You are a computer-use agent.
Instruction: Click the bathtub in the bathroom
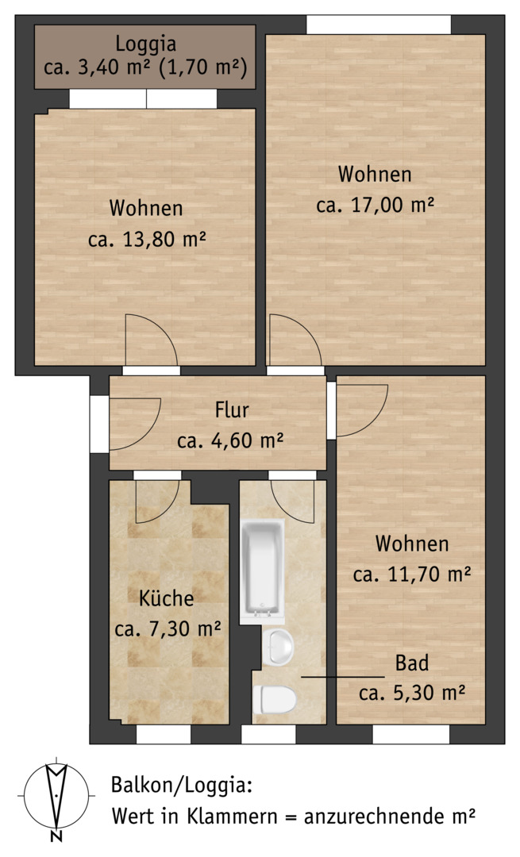263,571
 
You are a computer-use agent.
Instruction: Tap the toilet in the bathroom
275,699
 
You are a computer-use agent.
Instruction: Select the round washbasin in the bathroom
278,648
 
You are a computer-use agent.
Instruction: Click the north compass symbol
56,795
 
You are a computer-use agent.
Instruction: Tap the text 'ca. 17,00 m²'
375,206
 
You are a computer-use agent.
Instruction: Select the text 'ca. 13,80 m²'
147,240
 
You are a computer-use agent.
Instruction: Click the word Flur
232,409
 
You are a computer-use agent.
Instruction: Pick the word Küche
166,598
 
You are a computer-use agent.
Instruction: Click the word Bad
412,663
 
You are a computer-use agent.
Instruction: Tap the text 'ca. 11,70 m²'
412,574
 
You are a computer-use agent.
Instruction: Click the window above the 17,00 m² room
379,25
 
